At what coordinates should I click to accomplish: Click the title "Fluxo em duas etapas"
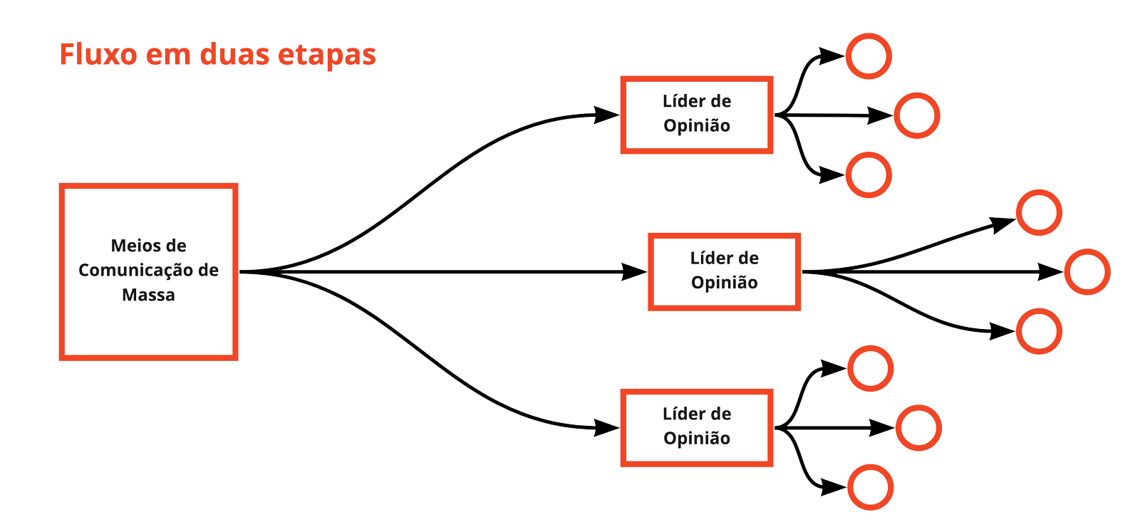[217, 55]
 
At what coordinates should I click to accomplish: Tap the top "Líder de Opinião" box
[696, 115]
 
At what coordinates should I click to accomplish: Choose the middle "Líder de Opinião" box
[724, 271]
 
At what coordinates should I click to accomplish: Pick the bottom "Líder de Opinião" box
[696, 427]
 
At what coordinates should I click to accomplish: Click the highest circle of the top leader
[869, 56]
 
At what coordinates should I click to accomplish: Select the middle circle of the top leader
[916, 115]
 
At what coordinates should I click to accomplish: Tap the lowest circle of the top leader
[869, 174]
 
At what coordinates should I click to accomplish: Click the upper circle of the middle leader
[1039, 212]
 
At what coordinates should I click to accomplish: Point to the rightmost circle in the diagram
[1087, 271]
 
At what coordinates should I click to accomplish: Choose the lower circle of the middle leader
[1039, 331]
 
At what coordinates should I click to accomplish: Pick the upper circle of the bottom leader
[870, 368]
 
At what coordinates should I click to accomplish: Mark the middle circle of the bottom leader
[918, 427]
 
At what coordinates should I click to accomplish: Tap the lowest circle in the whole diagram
[870, 487]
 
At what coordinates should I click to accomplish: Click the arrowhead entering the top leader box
[606, 115]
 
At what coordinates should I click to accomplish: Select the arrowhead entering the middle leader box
[633, 271]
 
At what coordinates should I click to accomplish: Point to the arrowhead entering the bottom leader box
[606, 427]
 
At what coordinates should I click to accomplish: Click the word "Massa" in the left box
[148, 295]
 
